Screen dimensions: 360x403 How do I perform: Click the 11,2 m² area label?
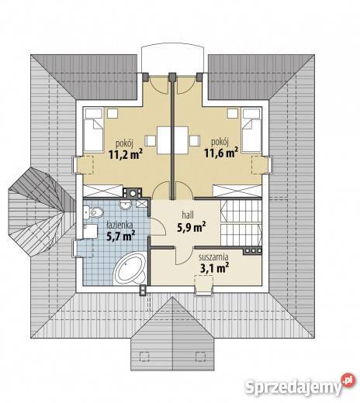(126, 154)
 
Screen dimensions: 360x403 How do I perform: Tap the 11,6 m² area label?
(221, 153)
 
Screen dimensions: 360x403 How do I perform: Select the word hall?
(188, 215)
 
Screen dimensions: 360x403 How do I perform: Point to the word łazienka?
(119, 225)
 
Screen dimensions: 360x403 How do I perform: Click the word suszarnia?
(213, 257)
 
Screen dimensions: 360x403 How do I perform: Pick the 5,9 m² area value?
(192, 227)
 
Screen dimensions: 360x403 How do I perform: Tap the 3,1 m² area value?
(215, 268)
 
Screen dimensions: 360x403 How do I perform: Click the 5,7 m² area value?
(121, 236)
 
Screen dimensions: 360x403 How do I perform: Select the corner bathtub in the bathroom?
(130, 269)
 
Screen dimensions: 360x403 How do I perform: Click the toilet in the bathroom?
(94, 212)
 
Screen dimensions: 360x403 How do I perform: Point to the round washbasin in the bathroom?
(126, 205)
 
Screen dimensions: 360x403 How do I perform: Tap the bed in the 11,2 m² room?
(93, 130)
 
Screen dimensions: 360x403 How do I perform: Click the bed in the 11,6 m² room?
(251, 130)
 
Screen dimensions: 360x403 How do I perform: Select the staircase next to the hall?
(241, 222)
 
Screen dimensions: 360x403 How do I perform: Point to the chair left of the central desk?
(150, 141)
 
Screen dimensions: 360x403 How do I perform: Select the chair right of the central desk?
(195, 141)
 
